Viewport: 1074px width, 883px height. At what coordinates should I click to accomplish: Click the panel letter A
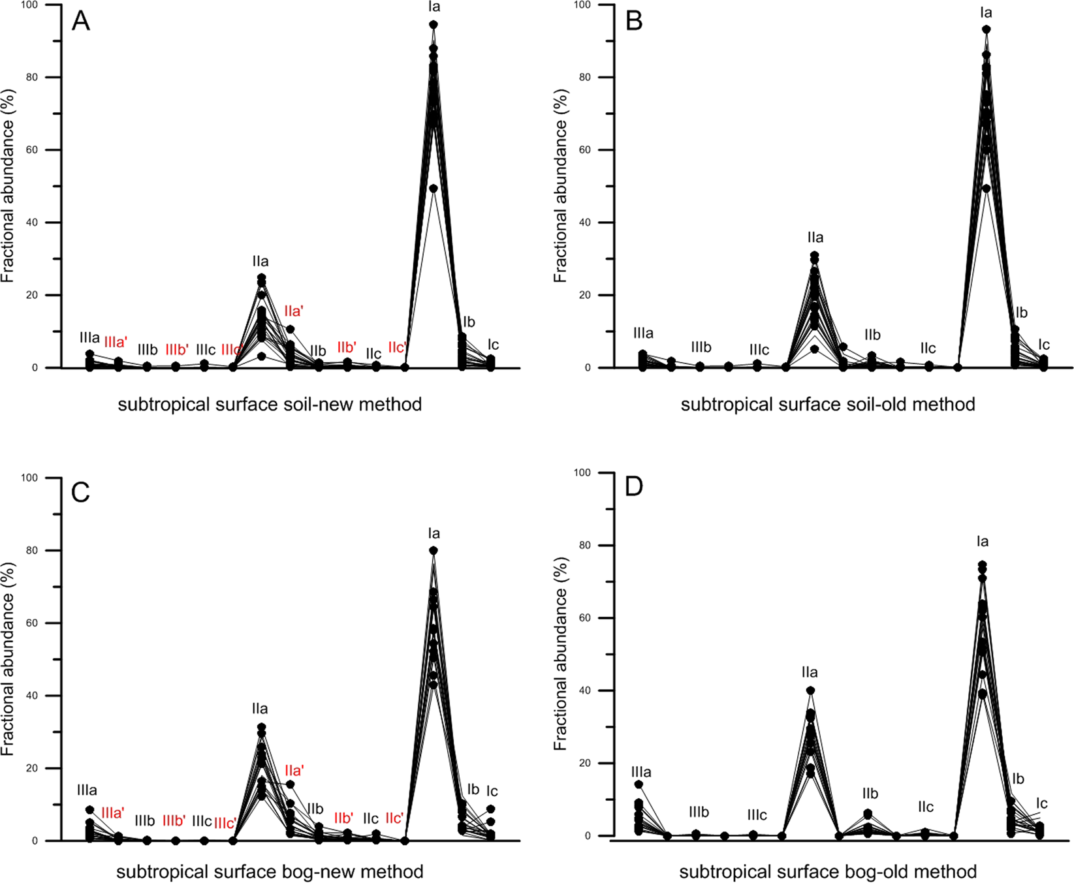click(x=81, y=22)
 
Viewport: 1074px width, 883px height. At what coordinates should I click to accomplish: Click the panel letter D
click(x=634, y=487)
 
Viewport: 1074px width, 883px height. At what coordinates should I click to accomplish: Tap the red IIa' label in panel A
click(x=294, y=312)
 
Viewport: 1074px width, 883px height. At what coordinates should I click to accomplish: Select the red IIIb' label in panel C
click(x=174, y=820)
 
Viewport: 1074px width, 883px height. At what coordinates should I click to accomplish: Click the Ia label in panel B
click(x=986, y=12)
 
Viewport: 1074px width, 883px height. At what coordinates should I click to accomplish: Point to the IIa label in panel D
click(x=810, y=672)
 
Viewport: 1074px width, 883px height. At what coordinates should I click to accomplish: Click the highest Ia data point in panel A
click(x=433, y=25)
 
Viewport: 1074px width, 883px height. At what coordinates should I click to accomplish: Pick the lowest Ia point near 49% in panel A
click(x=433, y=189)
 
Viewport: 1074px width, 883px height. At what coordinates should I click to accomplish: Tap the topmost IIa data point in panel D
click(x=810, y=690)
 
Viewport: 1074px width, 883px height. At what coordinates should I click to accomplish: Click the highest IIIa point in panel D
click(x=639, y=784)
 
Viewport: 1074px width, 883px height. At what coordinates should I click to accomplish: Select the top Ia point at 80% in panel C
click(x=433, y=551)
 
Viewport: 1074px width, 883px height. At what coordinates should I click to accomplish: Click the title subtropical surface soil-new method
click(x=270, y=405)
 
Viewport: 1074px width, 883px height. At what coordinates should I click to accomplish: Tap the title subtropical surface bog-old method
click(x=828, y=871)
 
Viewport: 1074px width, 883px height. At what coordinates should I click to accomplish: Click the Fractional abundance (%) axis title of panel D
click(x=561, y=653)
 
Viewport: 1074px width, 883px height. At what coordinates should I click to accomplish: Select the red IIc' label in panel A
click(x=396, y=347)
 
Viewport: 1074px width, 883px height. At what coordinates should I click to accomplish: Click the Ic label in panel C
click(x=492, y=792)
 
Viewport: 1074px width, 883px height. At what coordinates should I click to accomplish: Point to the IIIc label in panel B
click(x=759, y=350)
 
